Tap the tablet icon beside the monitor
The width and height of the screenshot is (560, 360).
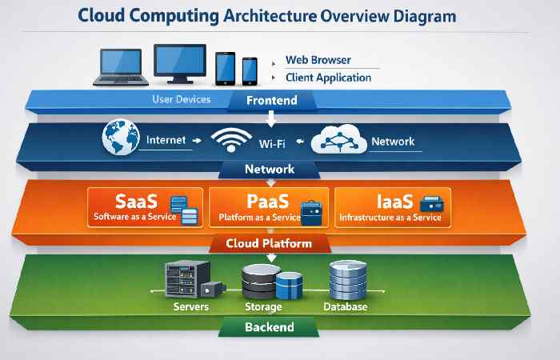click(x=224, y=70)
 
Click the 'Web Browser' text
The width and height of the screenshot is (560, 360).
click(x=318, y=61)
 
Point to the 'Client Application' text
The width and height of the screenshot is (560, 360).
click(x=328, y=78)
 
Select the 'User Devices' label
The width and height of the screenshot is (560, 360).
click(x=181, y=100)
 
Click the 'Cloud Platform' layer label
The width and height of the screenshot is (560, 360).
click(x=269, y=243)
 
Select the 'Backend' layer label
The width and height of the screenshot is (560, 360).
click(x=269, y=327)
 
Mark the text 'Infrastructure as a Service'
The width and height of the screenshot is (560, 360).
click(x=390, y=217)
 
